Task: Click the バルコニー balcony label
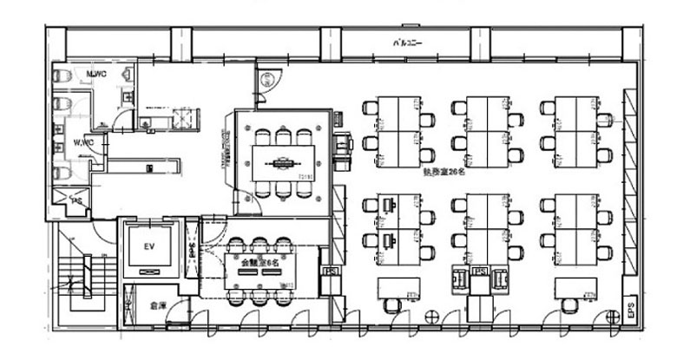407,43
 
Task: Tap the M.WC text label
95,75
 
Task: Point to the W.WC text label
83,141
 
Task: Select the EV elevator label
148,246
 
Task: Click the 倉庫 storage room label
157,305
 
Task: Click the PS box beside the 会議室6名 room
330,272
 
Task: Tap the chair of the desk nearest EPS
571,304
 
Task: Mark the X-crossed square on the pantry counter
183,115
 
